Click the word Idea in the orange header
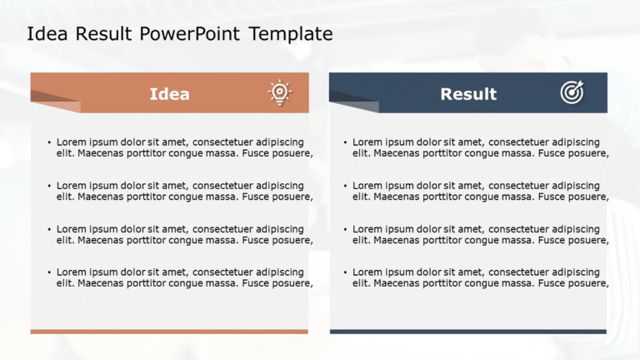169,94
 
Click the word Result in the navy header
468,94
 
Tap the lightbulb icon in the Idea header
279,92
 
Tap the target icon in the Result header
572,93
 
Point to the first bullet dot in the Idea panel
49,142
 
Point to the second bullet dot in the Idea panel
49,186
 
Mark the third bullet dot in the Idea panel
49,229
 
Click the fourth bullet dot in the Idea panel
49,272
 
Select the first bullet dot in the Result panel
345,142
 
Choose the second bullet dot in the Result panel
345,186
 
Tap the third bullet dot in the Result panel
345,229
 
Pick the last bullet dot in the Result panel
345,272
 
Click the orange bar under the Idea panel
169,332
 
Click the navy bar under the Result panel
468,332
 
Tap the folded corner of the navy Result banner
357,105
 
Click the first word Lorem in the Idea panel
71,142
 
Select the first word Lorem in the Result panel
367,142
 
